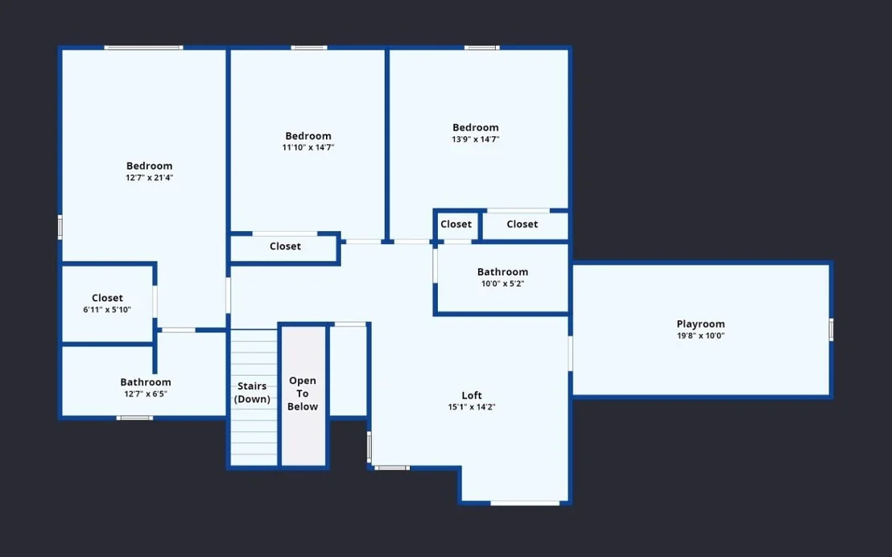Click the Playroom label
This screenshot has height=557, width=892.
pyautogui.click(x=700, y=324)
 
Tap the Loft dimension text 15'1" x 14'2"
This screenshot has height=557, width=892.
pyautogui.click(x=472, y=406)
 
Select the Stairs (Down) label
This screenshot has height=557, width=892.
pyautogui.click(x=253, y=393)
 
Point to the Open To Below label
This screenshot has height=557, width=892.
pyautogui.click(x=303, y=393)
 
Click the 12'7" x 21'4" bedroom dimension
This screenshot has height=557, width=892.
pyautogui.click(x=149, y=178)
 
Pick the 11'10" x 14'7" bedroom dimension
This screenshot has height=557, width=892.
pyautogui.click(x=308, y=147)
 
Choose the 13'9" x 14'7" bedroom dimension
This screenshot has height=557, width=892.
pyautogui.click(x=476, y=138)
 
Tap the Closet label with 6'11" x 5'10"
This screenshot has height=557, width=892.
pyautogui.click(x=108, y=298)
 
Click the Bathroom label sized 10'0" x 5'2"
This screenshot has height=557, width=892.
pyautogui.click(x=502, y=272)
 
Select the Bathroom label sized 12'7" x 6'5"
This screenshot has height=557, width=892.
pyautogui.click(x=146, y=382)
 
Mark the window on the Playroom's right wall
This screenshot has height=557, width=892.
pyautogui.click(x=831, y=329)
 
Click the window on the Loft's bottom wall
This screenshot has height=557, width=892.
pyautogui.click(x=525, y=503)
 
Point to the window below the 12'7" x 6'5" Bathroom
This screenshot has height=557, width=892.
pyautogui.click(x=134, y=419)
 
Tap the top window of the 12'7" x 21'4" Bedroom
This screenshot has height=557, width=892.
pyautogui.click(x=143, y=47)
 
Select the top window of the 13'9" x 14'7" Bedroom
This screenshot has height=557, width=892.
pyautogui.click(x=482, y=47)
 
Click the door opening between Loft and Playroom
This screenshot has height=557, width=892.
pyautogui.click(x=570, y=353)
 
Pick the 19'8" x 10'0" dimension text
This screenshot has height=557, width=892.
pyautogui.click(x=700, y=336)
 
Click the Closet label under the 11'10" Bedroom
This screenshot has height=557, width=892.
pyautogui.click(x=285, y=246)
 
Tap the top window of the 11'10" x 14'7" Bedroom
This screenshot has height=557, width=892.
pyautogui.click(x=309, y=47)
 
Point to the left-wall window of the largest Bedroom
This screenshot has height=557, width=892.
pyautogui.click(x=60, y=227)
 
